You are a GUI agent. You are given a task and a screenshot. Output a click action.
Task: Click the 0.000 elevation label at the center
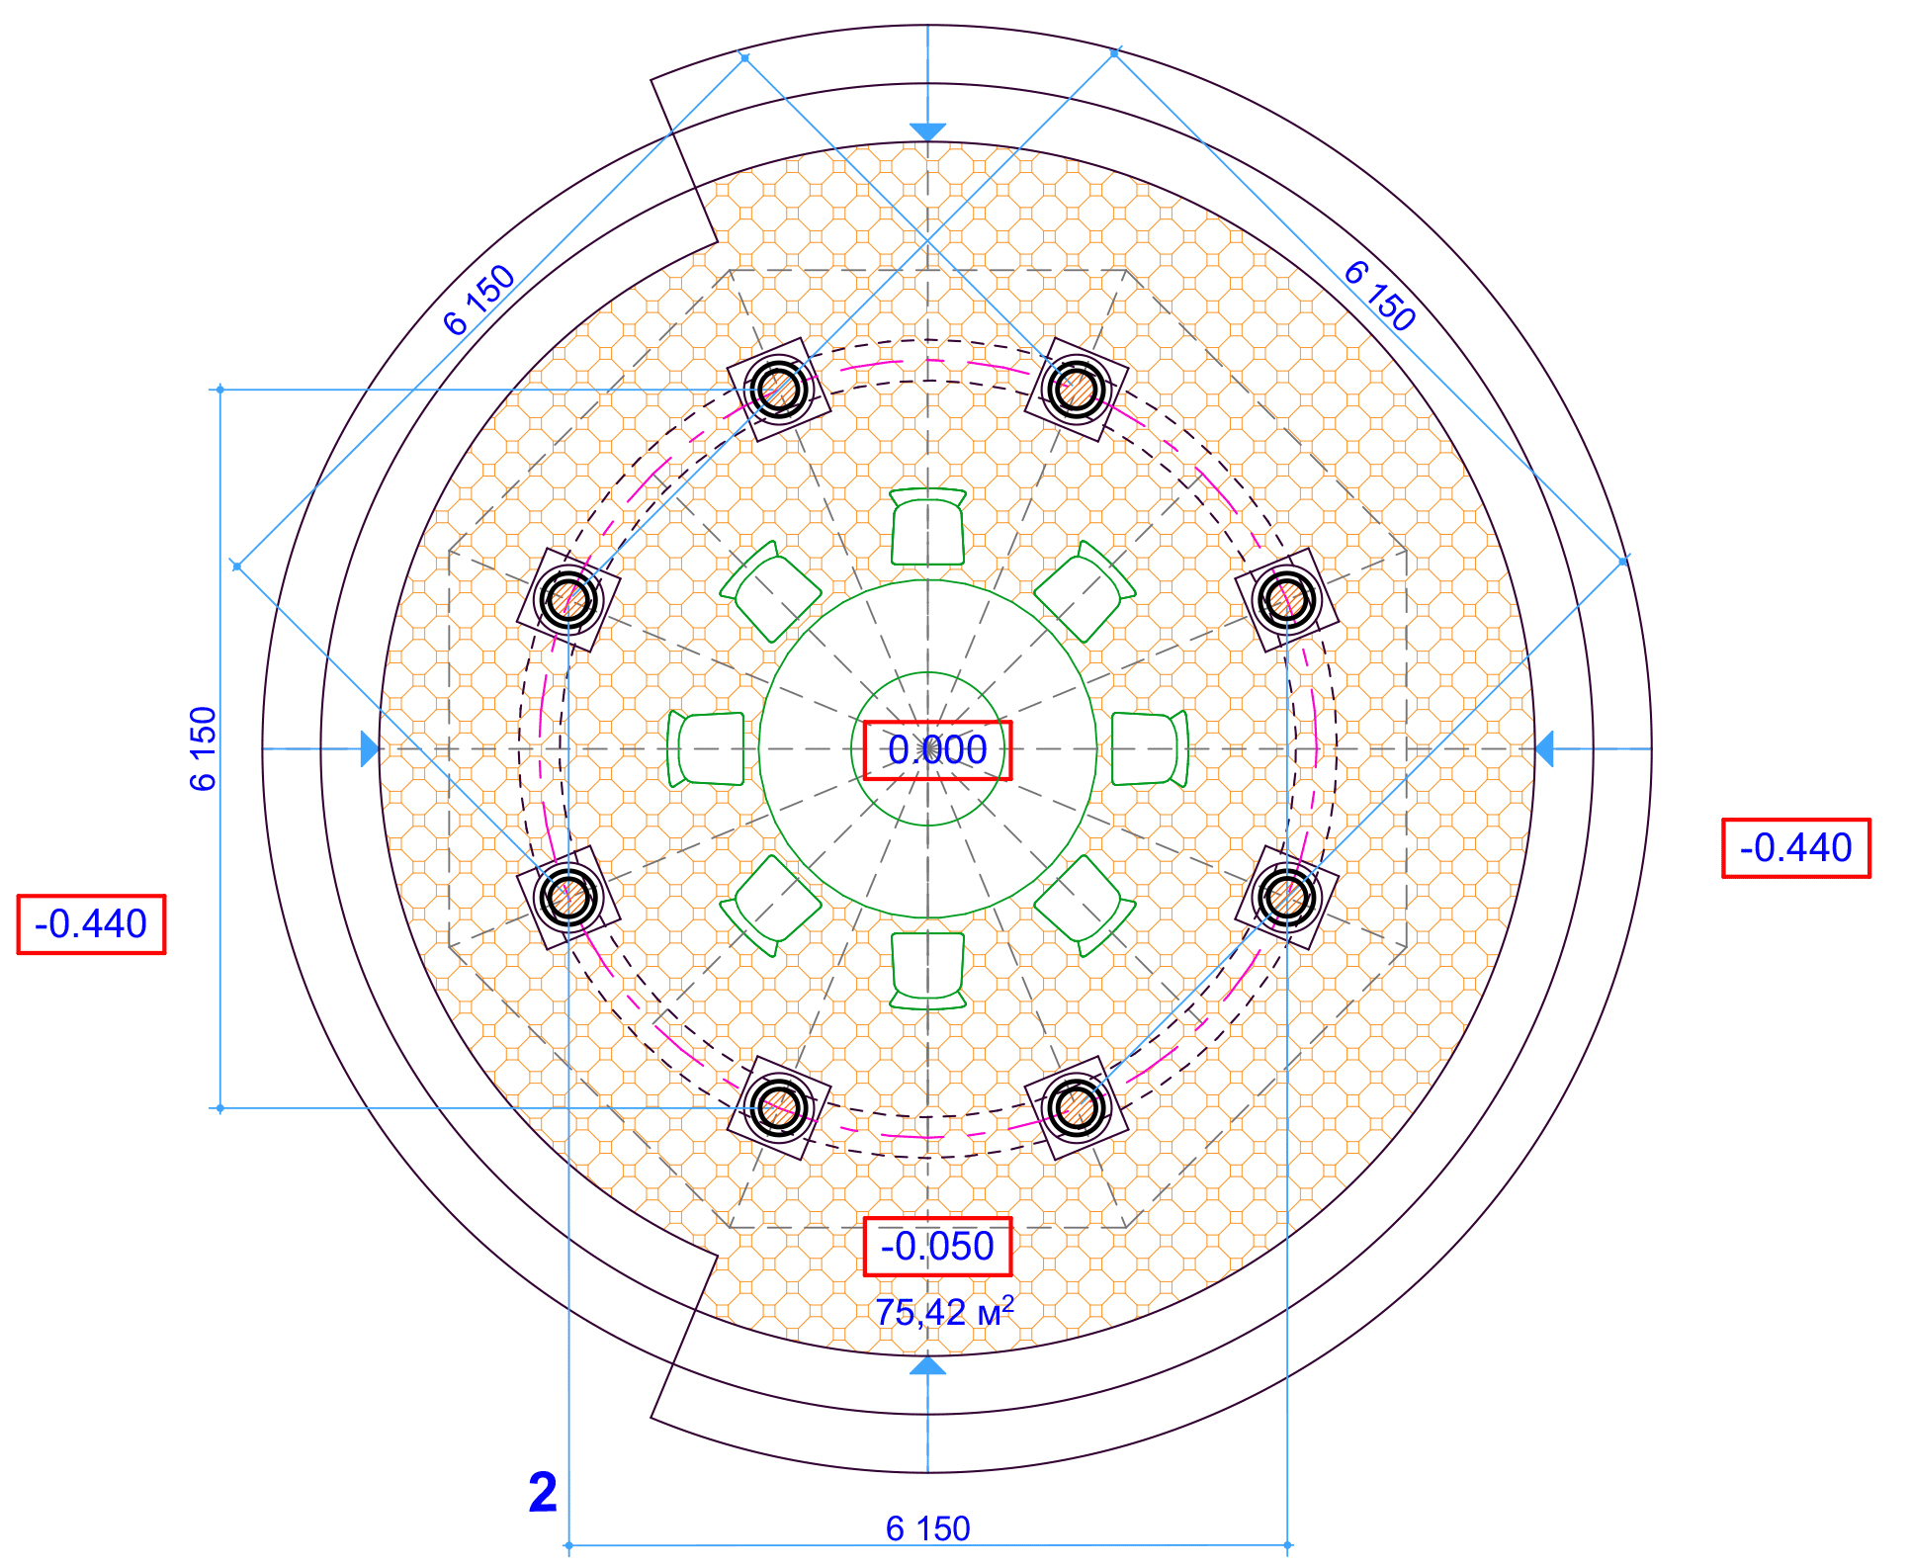pos(937,750)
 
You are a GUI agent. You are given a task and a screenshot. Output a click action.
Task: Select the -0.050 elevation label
pos(937,1247)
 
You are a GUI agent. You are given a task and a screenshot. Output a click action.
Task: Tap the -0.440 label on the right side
pos(1796,848)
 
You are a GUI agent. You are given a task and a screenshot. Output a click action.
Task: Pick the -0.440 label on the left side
pos(91,924)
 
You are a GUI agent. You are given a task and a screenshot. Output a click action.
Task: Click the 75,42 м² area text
pos(944,1312)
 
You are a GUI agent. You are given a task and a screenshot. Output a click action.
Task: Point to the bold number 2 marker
pos(543,1492)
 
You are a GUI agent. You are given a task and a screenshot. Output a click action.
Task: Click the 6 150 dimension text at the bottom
pos(927,1528)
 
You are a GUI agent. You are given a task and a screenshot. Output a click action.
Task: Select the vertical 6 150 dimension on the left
pos(203,748)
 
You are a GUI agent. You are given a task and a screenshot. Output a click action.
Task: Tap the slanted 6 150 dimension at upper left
pos(479,300)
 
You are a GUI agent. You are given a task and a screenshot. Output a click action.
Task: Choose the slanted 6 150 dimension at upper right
pos(1380,295)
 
